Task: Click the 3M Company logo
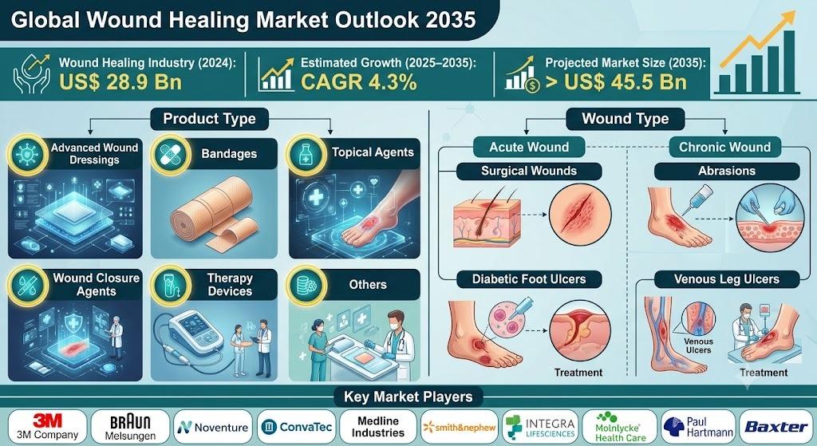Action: point(47,427)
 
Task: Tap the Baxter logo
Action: point(776,427)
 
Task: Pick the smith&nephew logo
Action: point(460,427)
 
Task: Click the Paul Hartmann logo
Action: point(698,427)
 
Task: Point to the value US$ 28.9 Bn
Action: point(120,82)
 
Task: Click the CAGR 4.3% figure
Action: point(358,82)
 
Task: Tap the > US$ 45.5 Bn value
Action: point(616,82)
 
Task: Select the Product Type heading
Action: point(210,119)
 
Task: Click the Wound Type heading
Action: point(626,119)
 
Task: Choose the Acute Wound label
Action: point(529,147)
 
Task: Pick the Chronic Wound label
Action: point(724,147)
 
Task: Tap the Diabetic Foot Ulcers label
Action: point(529,279)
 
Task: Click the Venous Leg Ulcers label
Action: point(727,279)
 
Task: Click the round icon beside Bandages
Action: point(170,155)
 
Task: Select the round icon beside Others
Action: point(307,285)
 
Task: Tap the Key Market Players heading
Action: point(408,397)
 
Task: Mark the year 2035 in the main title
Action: point(450,20)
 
